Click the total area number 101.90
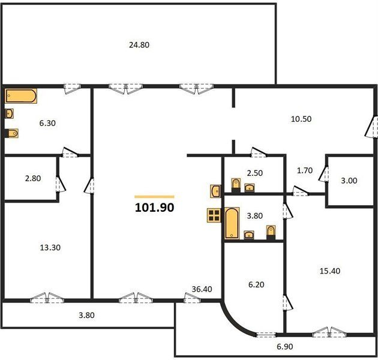(154, 208)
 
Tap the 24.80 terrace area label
(139, 45)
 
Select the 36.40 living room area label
(202, 289)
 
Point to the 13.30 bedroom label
(50, 247)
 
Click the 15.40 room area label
(330, 271)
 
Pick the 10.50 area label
(301, 119)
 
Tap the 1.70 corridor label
(305, 170)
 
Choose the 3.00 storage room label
(349, 181)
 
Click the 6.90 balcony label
(285, 346)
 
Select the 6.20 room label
(256, 284)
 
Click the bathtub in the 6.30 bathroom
(21, 96)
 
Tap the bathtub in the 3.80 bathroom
(232, 223)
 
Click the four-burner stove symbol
(214, 215)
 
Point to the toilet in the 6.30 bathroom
(11, 133)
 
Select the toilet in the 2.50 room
(236, 185)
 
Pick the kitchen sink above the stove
(215, 191)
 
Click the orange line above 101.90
(154, 197)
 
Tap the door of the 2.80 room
(61, 184)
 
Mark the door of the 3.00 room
(323, 173)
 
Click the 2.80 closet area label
(33, 178)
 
